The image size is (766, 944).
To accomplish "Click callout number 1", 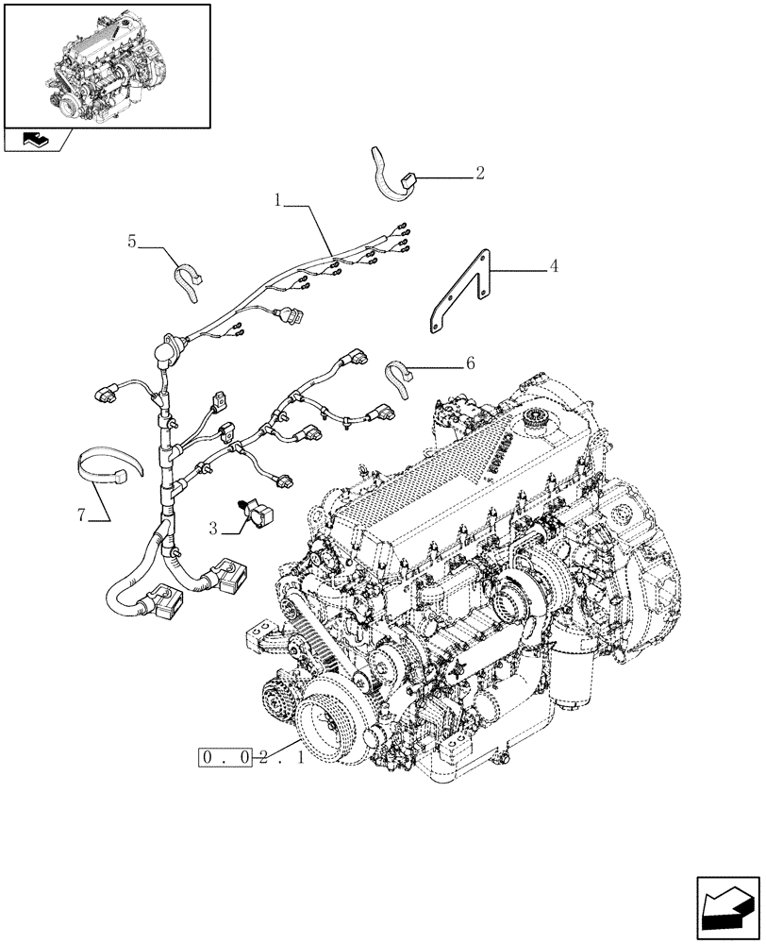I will click(x=279, y=199).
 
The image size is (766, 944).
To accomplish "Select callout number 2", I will click(x=480, y=173).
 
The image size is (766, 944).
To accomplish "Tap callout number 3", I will click(x=214, y=531).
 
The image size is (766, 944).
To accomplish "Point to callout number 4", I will click(x=554, y=266).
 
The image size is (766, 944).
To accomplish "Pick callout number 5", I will click(x=133, y=243).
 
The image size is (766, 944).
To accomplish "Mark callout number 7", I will click(x=82, y=514).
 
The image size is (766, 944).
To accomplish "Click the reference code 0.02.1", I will click(x=250, y=757).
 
